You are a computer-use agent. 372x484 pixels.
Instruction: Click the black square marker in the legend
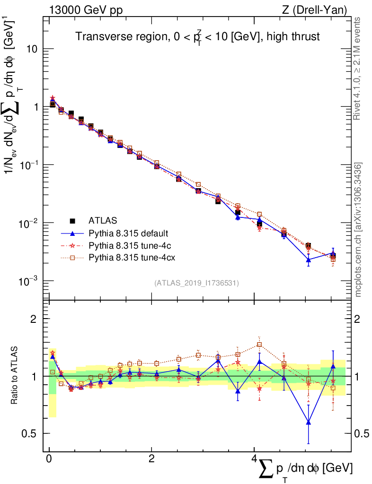pos(72,220)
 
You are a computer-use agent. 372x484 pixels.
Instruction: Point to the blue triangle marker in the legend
pos(72,233)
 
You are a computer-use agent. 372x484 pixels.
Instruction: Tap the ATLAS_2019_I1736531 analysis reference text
pos(196,283)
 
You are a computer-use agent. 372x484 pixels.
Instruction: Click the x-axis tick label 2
pos(151,458)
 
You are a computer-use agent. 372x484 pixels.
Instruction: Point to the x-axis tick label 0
pos(49,458)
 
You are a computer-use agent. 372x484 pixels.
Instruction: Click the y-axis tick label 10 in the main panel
pos(31,50)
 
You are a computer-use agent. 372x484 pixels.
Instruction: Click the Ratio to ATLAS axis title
pos(15,376)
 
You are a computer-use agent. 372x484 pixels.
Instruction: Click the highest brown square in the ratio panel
pos(259,345)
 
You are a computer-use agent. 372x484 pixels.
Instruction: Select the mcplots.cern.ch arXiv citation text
pos(358,229)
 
